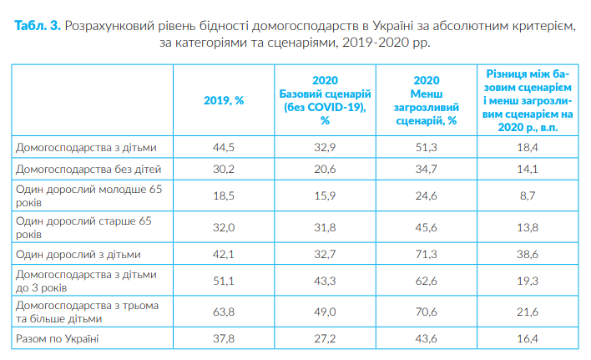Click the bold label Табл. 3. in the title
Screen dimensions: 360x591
click(x=37, y=26)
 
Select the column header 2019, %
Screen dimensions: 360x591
click(x=223, y=100)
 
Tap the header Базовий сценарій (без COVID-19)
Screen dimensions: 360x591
click(x=325, y=100)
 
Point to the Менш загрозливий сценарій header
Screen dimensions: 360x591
click(x=427, y=100)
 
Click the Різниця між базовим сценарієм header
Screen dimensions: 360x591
click(x=527, y=100)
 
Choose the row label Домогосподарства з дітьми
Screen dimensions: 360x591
click(x=86, y=148)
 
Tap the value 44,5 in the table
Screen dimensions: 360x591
click(x=223, y=148)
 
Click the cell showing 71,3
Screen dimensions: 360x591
click(x=427, y=253)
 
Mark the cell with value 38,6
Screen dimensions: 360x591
click(x=527, y=253)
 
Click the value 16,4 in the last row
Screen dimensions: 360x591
click(x=527, y=338)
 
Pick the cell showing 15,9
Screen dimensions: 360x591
click(x=325, y=195)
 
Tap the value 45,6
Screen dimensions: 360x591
click(x=427, y=226)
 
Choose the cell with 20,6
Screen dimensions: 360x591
click(x=325, y=169)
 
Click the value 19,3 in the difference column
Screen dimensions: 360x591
click(x=527, y=281)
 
